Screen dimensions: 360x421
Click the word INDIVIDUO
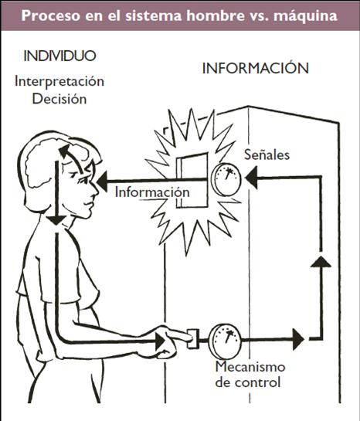59,56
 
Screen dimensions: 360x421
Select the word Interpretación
59,81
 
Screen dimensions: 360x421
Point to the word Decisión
59,99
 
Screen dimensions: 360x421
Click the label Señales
267,154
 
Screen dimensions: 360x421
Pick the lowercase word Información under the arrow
152,192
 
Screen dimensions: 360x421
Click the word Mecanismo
250,367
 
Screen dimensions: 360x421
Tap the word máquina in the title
306,16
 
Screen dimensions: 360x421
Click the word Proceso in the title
51,15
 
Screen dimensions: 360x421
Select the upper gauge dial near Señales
226,179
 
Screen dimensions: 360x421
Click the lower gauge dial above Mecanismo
226,341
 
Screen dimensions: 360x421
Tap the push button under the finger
193,339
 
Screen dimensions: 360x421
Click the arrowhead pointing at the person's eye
102,182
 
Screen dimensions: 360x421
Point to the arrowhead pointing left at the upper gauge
252,177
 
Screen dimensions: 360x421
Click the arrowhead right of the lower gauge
298,339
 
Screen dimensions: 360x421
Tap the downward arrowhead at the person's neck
56,221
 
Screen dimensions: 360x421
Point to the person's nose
94,188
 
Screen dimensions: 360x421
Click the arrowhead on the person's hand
160,341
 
